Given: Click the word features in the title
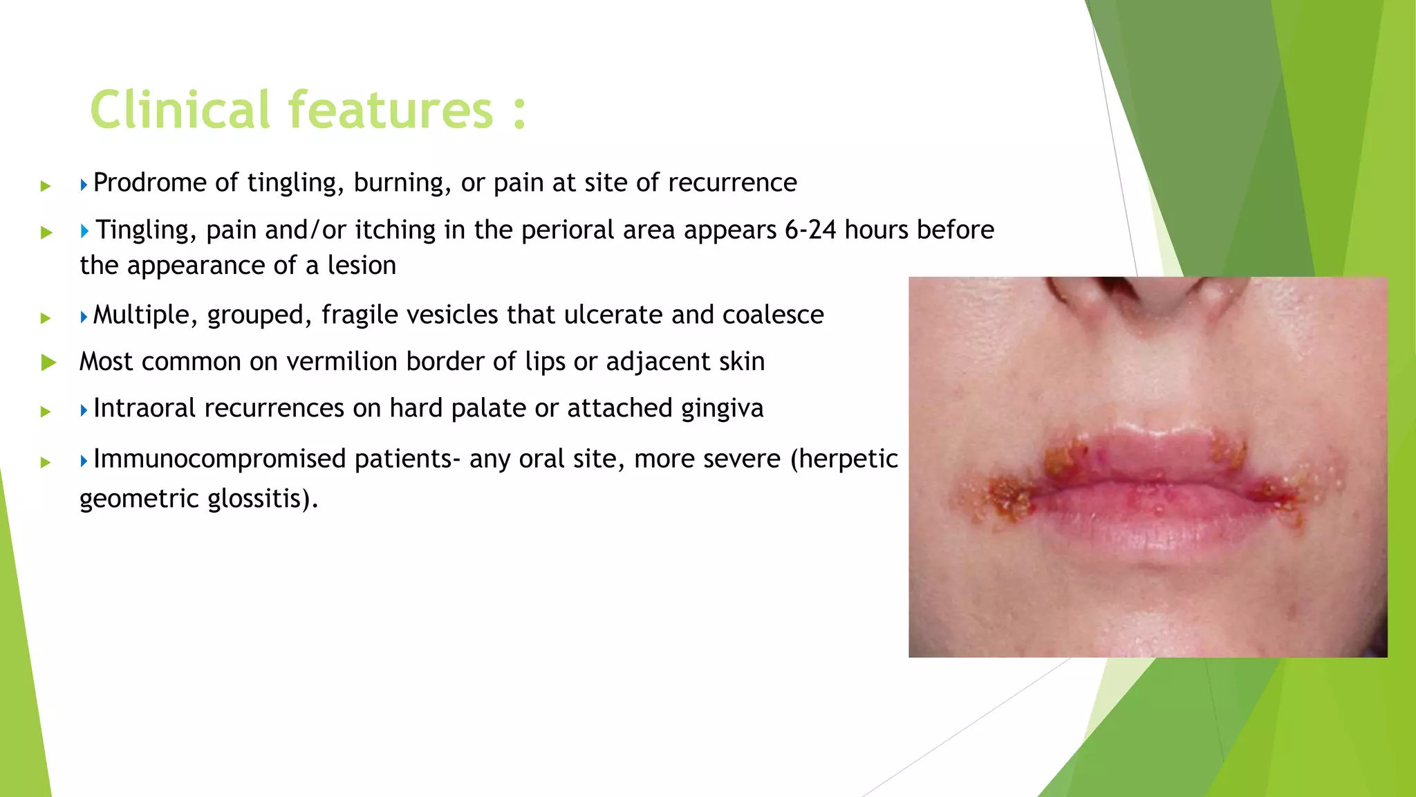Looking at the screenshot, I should pos(391,110).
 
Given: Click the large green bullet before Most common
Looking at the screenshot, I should pos(48,362).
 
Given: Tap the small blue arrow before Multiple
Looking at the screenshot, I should pos(84,318).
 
